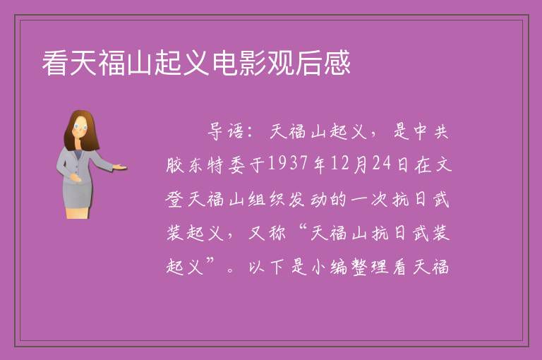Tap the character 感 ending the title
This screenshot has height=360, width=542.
337,63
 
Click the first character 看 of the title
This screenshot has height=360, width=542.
55,63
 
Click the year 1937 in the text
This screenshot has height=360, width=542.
288,163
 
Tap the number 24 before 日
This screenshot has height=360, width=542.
382,163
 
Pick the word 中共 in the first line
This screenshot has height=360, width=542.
432,131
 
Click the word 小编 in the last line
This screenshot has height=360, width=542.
329,267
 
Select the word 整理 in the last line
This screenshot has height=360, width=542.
370,267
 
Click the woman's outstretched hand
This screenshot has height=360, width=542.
120,167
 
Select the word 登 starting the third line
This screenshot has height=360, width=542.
174,200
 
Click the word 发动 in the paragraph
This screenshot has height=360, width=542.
308,200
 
